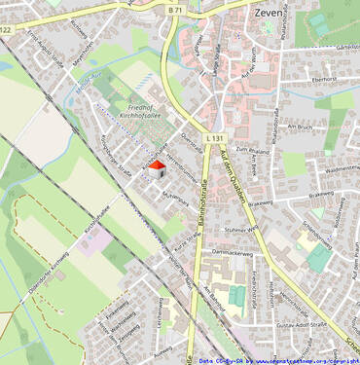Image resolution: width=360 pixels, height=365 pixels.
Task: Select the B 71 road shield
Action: click(x=175, y=9)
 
